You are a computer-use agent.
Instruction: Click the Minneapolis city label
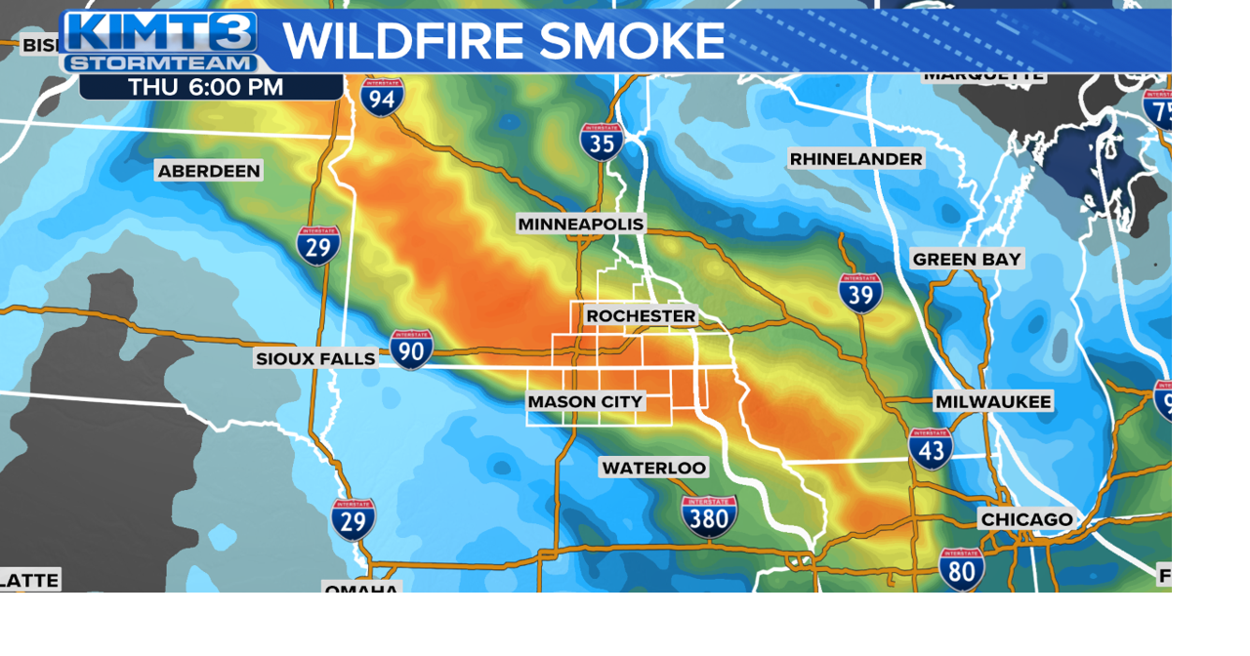(x=581, y=225)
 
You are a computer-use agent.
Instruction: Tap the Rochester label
(x=641, y=316)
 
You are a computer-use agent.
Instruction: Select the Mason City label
(x=585, y=402)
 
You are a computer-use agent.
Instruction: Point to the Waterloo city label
(x=653, y=469)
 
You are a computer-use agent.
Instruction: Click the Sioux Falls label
(x=315, y=359)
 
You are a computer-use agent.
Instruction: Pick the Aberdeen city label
(x=209, y=172)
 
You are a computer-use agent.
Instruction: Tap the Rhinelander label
(x=855, y=159)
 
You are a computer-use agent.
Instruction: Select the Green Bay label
(x=966, y=260)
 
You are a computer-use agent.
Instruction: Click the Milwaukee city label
(x=993, y=402)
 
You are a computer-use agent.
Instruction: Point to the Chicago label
(x=1026, y=519)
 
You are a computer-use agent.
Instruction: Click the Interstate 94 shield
(x=382, y=97)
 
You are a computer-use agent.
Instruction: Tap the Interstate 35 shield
(x=602, y=142)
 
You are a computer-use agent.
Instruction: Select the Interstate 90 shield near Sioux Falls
(x=411, y=349)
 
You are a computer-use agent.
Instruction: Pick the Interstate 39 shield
(x=860, y=292)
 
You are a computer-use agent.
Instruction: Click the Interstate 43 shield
(x=931, y=448)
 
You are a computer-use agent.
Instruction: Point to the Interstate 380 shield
(x=710, y=516)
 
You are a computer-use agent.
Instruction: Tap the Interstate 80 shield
(x=962, y=568)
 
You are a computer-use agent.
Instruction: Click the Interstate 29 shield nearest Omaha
(x=353, y=520)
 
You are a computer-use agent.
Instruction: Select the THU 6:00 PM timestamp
(x=206, y=87)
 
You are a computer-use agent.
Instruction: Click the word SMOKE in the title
(x=632, y=42)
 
